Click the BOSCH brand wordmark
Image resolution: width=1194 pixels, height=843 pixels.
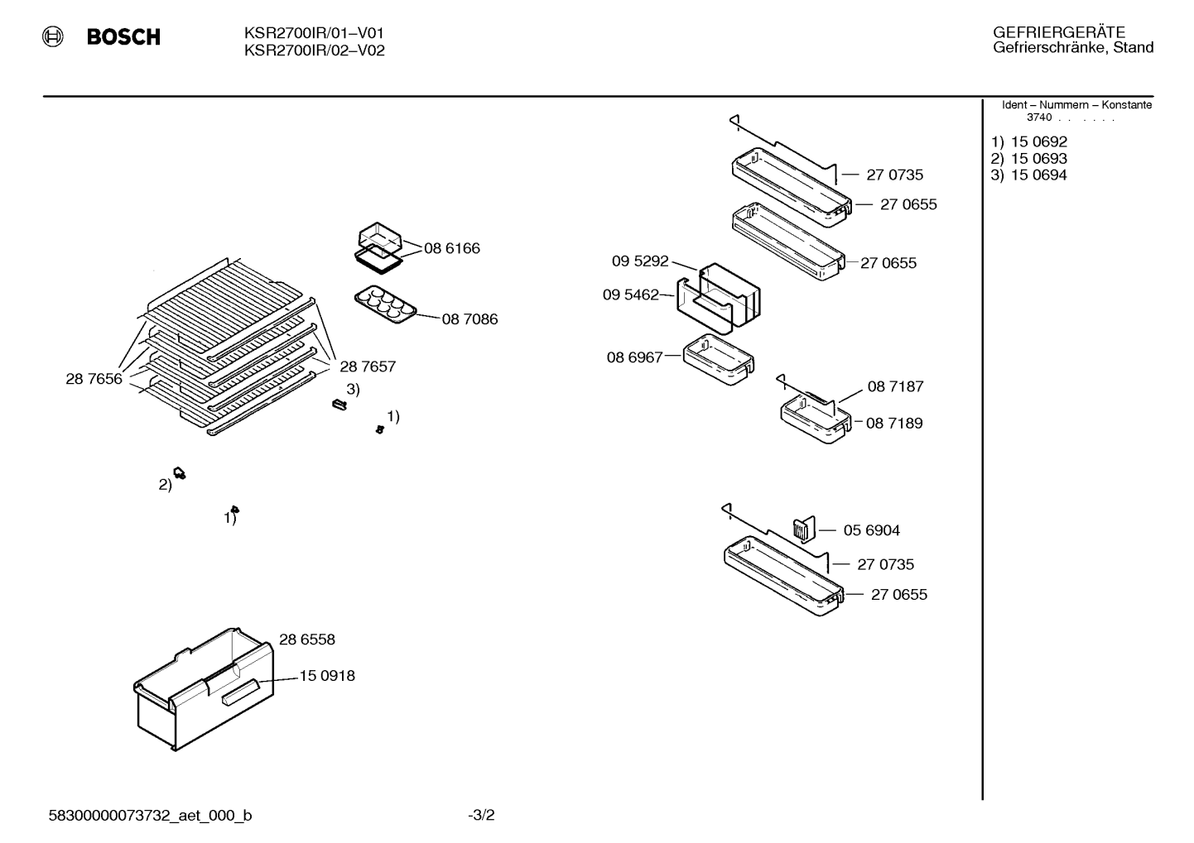(x=123, y=36)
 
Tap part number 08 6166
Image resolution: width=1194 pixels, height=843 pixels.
(x=452, y=248)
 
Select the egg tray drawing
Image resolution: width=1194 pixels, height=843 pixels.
(x=385, y=304)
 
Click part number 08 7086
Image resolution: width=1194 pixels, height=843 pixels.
(x=469, y=319)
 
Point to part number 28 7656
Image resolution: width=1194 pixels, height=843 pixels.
(x=94, y=379)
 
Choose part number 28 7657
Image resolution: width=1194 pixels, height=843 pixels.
(x=368, y=366)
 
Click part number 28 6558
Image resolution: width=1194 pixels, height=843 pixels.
(x=307, y=639)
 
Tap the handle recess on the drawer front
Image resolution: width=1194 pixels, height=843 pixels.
(x=240, y=692)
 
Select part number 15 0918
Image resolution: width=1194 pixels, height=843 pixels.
(x=327, y=676)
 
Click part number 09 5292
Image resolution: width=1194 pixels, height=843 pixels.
(x=639, y=261)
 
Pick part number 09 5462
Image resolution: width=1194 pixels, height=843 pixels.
(x=631, y=295)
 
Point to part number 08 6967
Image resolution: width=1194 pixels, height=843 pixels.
(x=635, y=357)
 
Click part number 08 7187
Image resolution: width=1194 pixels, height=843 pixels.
(x=896, y=386)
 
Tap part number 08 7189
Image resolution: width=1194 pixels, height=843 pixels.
(x=894, y=424)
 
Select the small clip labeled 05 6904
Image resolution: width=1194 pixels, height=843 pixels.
(x=804, y=529)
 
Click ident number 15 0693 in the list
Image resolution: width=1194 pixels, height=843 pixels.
(x=1039, y=159)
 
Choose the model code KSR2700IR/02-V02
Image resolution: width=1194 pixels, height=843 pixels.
(x=315, y=50)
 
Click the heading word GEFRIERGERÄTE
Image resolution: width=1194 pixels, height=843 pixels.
(x=1059, y=32)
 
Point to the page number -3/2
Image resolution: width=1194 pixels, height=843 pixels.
(x=481, y=816)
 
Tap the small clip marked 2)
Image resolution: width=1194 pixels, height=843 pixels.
(x=180, y=473)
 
